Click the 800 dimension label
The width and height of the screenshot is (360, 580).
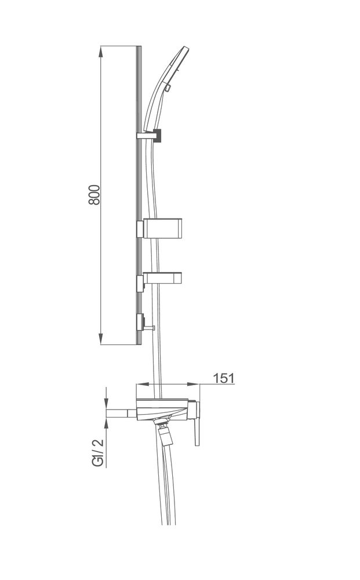[94, 194]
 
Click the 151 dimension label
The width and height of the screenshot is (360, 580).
[224, 378]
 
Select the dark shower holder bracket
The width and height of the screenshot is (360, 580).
[158, 135]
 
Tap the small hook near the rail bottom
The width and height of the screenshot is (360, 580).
[150, 327]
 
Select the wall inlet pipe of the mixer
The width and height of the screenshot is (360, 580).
[121, 413]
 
